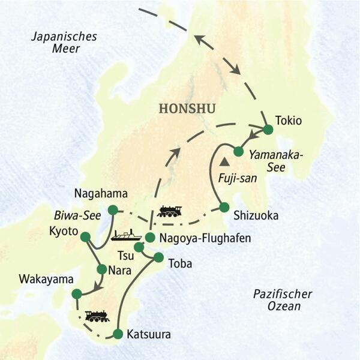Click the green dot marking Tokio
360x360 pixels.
pyautogui.click(x=268, y=129)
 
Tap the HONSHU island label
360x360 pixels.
pyautogui.click(x=187, y=108)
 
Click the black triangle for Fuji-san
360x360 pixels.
pyautogui.click(x=225, y=161)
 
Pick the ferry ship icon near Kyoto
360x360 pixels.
pyautogui.click(x=126, y=235)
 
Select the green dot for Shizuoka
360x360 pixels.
pyautogui.click(x=224, y=207)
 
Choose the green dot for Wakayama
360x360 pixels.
pyautogui.click(x=76, y=293)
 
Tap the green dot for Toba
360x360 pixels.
pyautogui.click(x=158, y=257)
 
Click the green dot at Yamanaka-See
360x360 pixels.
pyautogui.click(x=238, y=151)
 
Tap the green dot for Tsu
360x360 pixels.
pyautogui.click(x=139, y=247)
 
